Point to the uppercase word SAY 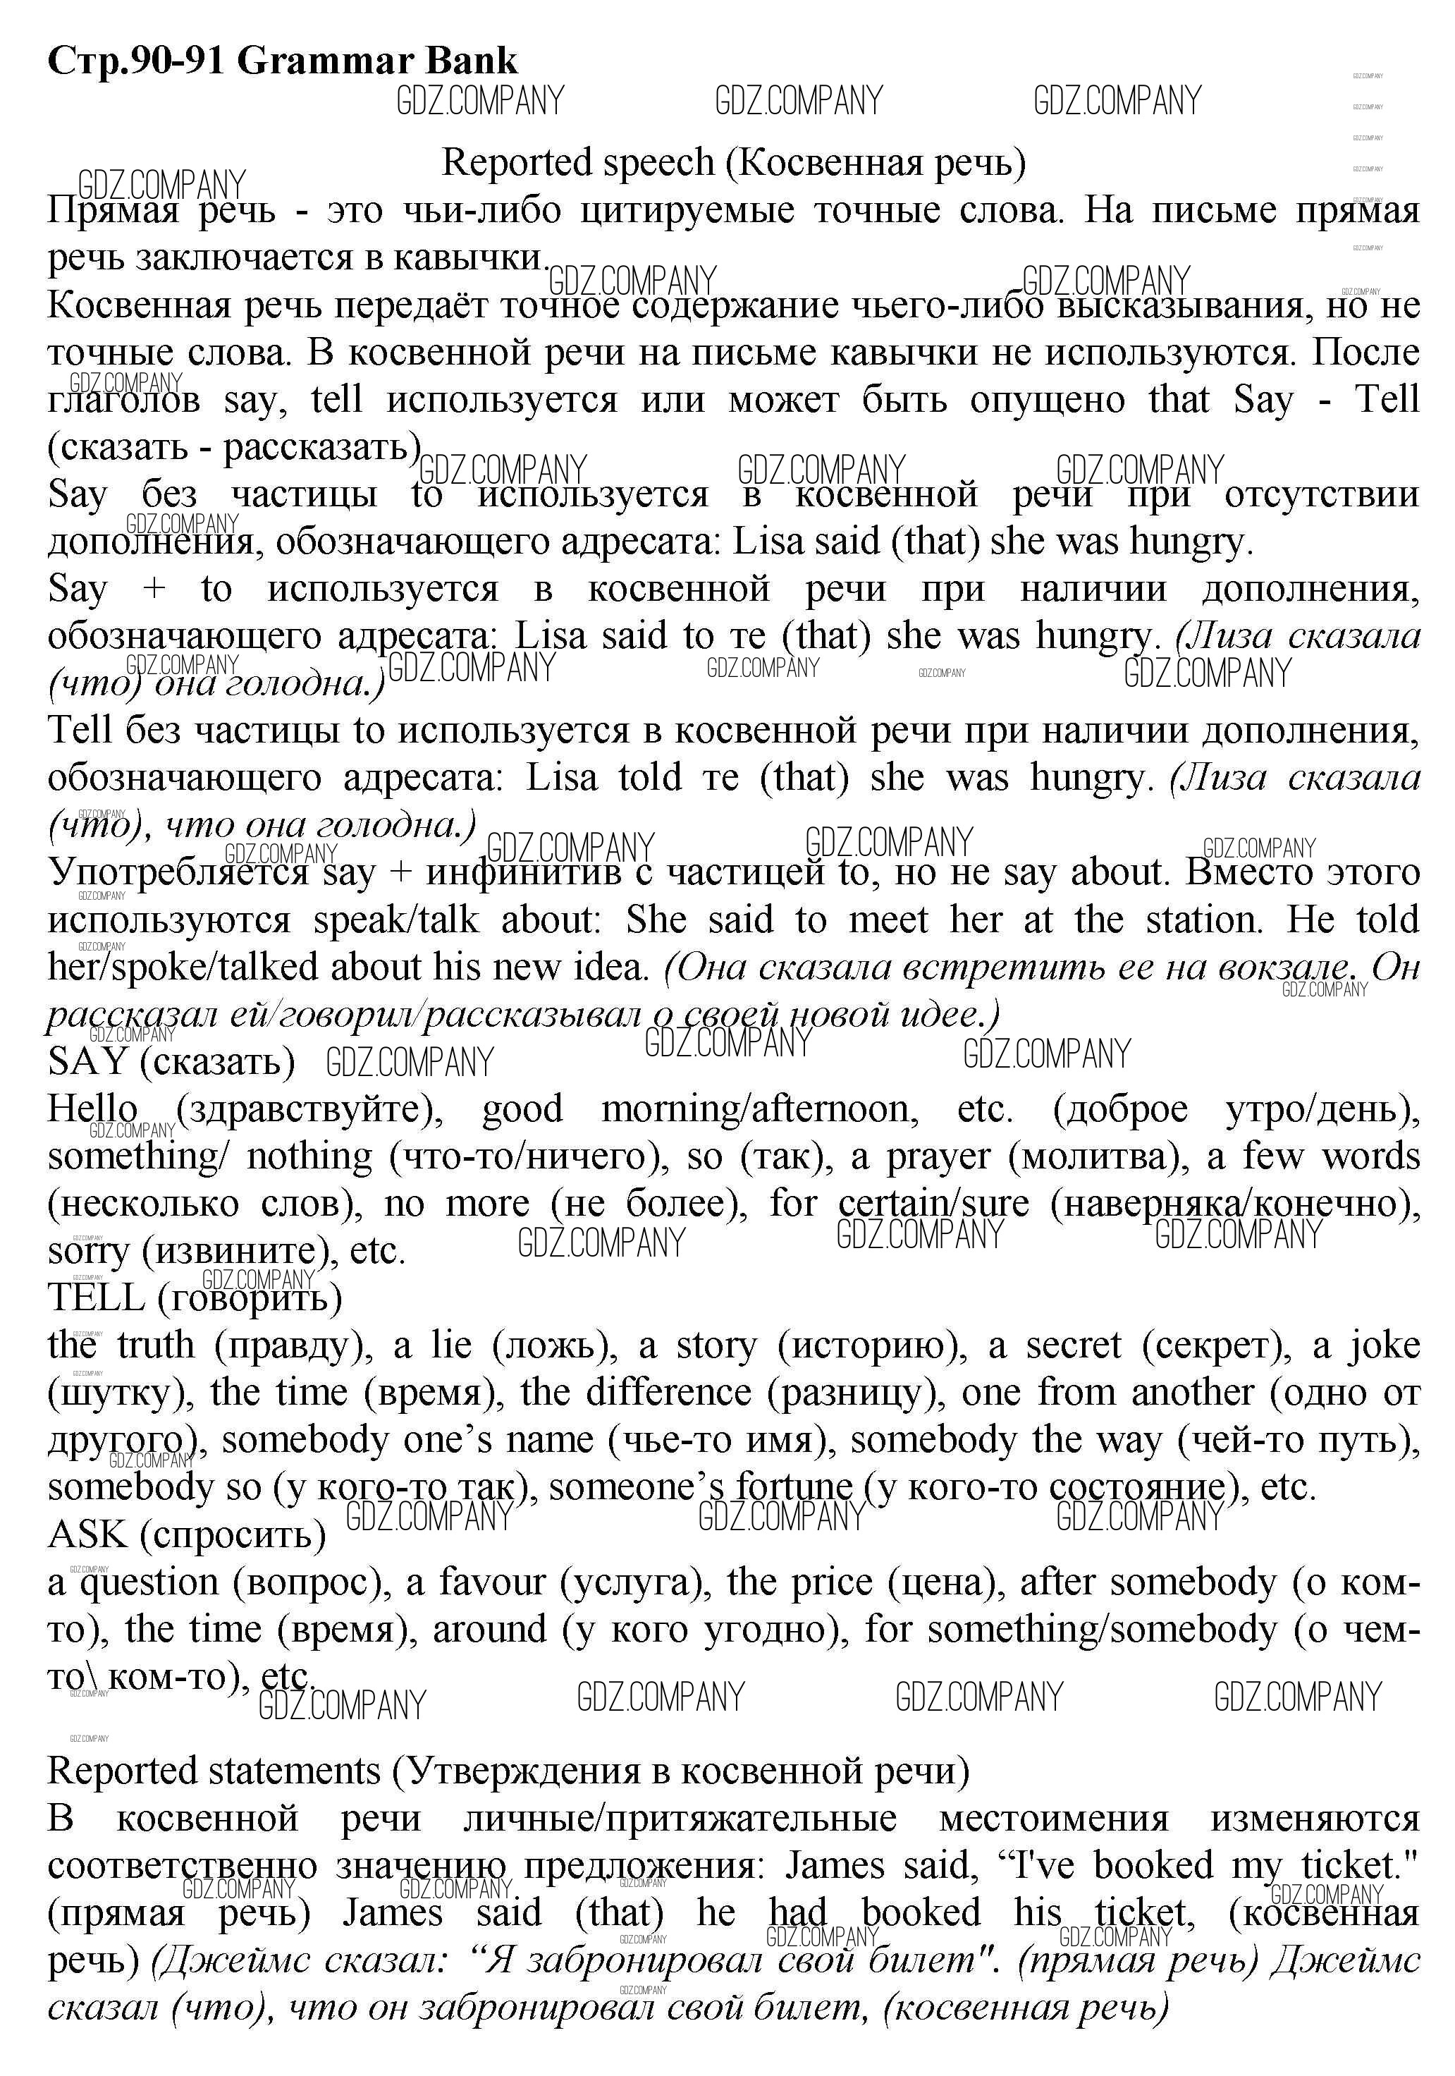[x=87, y=1061]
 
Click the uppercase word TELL [x=96, y=1297]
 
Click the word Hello [x=92, y=1109]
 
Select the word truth [x=156, y=1345]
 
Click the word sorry [x=90, y=1252]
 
